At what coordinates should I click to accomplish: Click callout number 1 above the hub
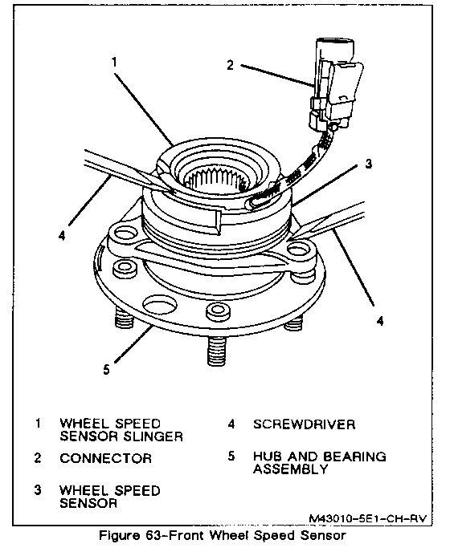pyautogui.click(x=113, y=62)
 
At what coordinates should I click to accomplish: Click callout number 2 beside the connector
pyautogui.click(x=230, y=65)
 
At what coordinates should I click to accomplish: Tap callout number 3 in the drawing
pyautogui.click(x=368, y=164)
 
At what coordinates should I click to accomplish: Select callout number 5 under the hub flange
pyautogui.click(x=107, y=370)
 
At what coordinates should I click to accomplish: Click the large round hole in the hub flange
pyautogui.click(x=159, y=305)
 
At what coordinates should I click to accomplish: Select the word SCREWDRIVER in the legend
pyautogui.click(x=304, y=424)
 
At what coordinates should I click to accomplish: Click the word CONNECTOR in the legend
pyautogui.click(x=106, y=458)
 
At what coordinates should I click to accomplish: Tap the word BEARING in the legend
pyautogui.click(x=354, y=457)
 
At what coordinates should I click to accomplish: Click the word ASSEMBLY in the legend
pyautogui.click(x=291, y=469)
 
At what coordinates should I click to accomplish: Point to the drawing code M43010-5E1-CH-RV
pyautogui.click(x=368, y=518)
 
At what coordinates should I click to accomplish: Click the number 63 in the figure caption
pyautogui.click(x=153, y=536)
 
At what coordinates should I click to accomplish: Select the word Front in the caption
pyautogui.click(x=187, y=536)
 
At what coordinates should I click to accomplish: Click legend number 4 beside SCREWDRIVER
pyautogui.click(x=231, y=424)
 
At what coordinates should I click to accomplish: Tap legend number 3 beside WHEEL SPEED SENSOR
pyautogui.click(x=38, y=490)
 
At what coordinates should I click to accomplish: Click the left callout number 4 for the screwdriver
pyautogui.click(x=62, y=235)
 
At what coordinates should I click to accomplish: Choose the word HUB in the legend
pyautogui.click(x=268, y=457)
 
